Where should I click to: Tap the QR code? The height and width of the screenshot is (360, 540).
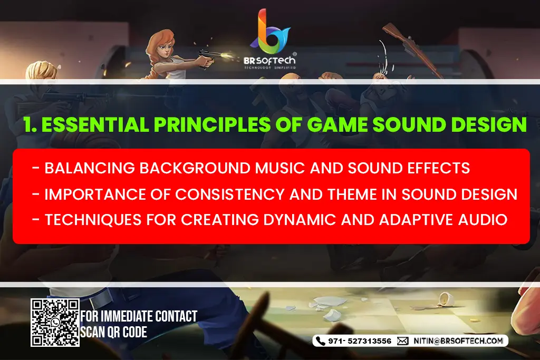(55, 323)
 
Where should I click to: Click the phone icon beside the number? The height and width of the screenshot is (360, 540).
(321, 340)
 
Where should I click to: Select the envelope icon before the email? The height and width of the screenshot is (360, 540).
(402, 341)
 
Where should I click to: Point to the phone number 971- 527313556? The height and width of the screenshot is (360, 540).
(360, 341)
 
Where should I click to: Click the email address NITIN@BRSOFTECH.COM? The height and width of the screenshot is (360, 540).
(458, 340)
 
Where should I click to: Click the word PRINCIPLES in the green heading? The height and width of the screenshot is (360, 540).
(212, 124)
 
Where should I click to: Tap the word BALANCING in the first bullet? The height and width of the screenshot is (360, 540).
(90, 168)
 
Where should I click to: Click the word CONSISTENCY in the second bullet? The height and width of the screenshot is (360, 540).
(230, 194)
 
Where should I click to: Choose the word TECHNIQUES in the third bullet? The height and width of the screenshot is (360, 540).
(93, 220)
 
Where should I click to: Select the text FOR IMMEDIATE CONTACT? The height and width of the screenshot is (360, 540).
(139, 316)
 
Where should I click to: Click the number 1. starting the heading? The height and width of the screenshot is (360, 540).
(30, 124)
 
